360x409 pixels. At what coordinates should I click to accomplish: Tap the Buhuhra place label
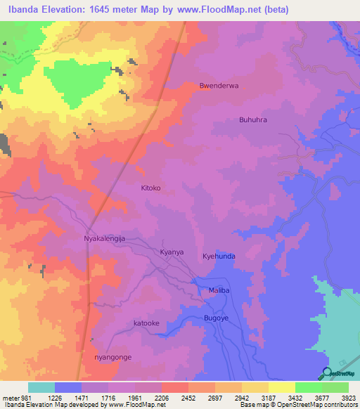pyautogui.click(x=254, y=120)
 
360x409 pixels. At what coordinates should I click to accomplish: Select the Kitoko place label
pyautogui.click(x=151, y=188)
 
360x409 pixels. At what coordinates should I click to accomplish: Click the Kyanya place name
pyautogui.click(x=172, y=252)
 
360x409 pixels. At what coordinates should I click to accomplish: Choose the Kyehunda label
pyautogui.click(x=219, y=257)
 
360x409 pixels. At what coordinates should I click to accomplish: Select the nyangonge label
pyautogui.click(x=112, y=357)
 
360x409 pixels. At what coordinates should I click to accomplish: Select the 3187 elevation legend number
pyautogui.click(x=253, y=397)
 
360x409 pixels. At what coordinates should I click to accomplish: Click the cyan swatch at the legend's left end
pyautogui.click(x=41, y=387)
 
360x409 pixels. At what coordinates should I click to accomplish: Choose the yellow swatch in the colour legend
pyautogui.click(x=282, y=387)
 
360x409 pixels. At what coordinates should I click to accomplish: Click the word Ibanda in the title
pyautogui.click(x=26, y=10)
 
